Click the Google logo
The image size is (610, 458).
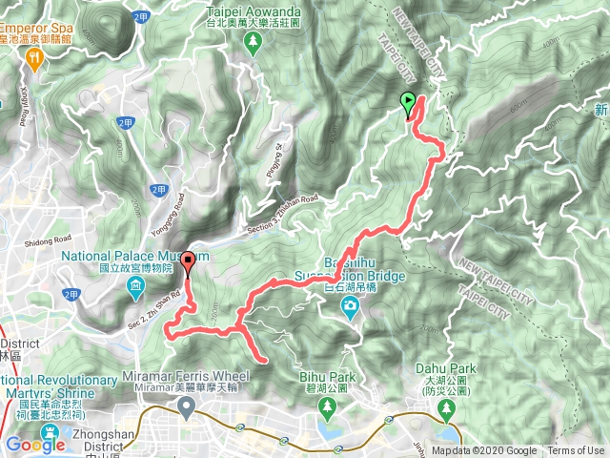pos(35,445)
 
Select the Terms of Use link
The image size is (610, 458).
pos(576,451)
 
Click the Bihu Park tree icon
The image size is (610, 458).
pos(327,409)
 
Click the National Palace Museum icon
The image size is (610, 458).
pos(137,288)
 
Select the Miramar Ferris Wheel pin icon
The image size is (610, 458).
pos(186,409)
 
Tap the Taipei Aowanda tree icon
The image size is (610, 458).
pos(253,42)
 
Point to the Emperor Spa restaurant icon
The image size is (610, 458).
pos(35,58)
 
